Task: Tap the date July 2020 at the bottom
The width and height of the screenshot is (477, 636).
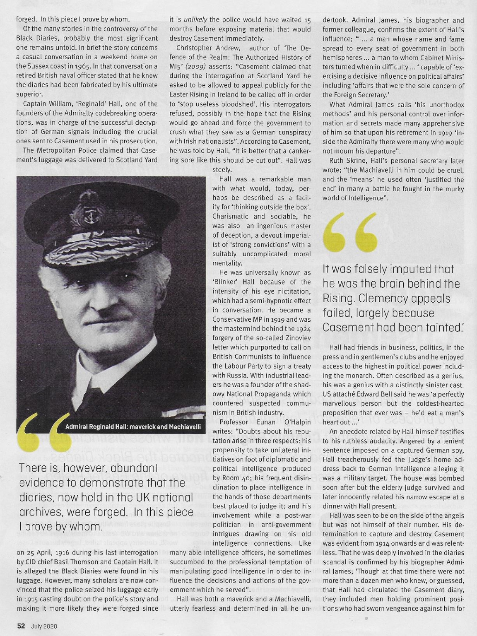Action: (44, 626)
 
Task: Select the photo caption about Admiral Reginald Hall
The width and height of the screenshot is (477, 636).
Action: (133, 426)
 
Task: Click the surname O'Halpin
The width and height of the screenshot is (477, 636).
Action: (294, 422)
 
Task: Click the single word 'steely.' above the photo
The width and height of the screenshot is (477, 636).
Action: (222, 170)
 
